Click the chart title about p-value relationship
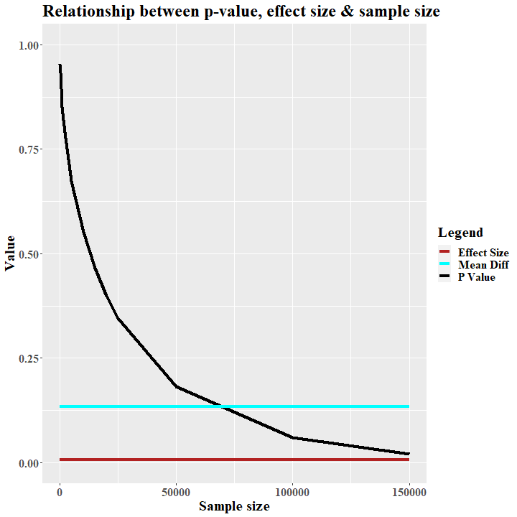(x=241, y=11)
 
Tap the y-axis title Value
(x=11, y=253)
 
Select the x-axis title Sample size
(x=234, y=506)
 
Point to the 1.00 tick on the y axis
(x=29, y=45)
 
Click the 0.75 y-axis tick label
(x=29, y=149)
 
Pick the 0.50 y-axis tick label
(x=29, y=254)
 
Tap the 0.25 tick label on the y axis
(x=29, y=358)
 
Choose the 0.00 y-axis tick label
(x=29, y=463)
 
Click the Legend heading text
(x=460, y=233)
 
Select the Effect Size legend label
(x=483, y=253)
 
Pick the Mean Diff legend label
(x=483, y=265)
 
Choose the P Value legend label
(x=476, y=277)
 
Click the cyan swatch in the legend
(x=444, y=265)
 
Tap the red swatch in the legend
(x=444, y=253)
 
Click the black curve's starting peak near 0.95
(x=60, y=66)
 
